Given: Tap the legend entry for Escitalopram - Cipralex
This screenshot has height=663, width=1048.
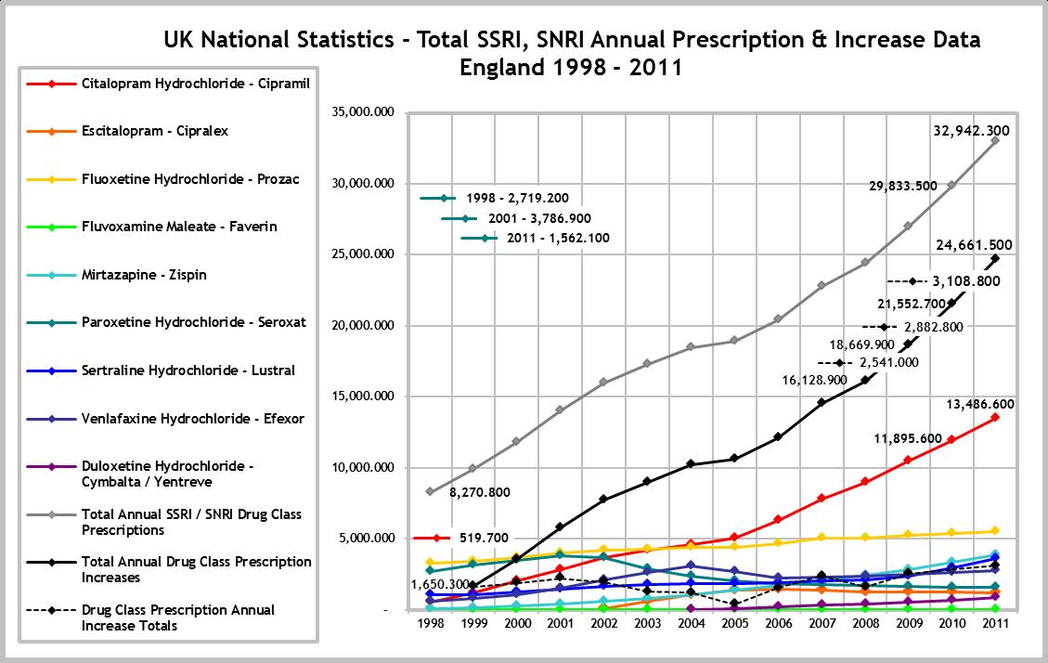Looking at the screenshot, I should (154, 131).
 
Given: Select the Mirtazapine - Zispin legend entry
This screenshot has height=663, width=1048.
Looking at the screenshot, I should (143, 275).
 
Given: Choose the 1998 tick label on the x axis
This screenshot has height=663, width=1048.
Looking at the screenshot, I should (429, 625).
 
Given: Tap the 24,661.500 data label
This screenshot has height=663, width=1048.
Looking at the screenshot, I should (973, 246).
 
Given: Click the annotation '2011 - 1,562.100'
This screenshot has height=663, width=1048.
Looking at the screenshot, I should (558, 238).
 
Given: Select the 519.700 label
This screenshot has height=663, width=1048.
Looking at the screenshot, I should (485, 537).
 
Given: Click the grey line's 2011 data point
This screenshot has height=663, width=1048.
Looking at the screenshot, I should (994, 140).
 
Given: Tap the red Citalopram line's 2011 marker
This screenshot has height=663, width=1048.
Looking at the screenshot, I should (994, 417).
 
